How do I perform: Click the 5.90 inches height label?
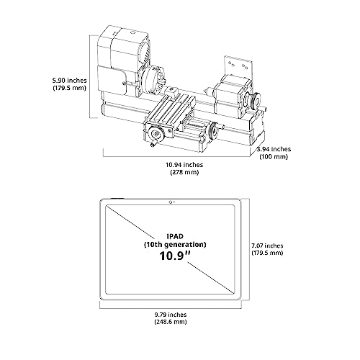[x=70, y=80]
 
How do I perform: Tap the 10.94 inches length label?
[x=184, y=165]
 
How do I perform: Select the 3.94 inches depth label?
[x=274, y=149]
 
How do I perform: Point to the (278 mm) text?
[x=184, y=172]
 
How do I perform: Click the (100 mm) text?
[x=274, y=157]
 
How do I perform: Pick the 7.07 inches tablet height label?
[x=267, y=246]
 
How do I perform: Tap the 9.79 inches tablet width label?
[x=171, y=315]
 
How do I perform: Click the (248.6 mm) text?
[x=171, y=322]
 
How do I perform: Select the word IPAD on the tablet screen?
[x=175, y=236]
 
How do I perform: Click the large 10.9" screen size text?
[x=175, y=256]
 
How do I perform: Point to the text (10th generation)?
[x=175, y=245]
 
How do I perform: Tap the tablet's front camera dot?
[x=170, y=202]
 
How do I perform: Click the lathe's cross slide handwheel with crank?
[x=156, y=135]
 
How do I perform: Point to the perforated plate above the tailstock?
[x=238, y=67]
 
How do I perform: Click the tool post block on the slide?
[x=171, y=91]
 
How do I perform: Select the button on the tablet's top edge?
[x=117, y=199]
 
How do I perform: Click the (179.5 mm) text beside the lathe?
[x=69, y=88]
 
